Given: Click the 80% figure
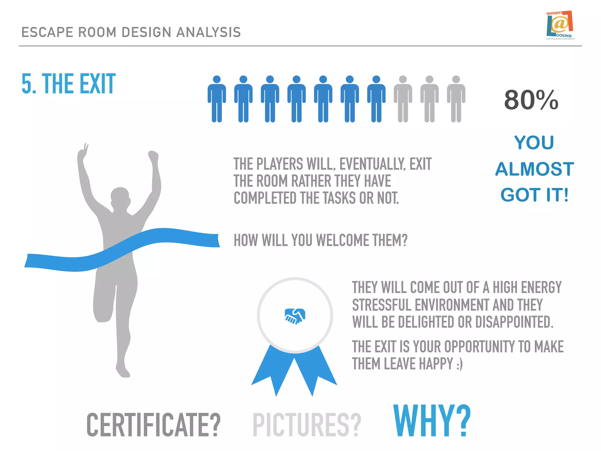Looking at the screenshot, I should point(531,100).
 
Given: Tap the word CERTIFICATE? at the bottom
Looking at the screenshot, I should point(153,425).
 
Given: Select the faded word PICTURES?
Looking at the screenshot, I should point(307,425).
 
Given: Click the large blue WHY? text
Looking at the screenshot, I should point(432,421).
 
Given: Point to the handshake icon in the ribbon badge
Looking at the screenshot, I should point(295,316).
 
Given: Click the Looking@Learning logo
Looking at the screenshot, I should point(560,26).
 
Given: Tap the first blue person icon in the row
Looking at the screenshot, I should point(217,99).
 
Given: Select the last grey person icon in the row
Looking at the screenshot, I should point(456,99).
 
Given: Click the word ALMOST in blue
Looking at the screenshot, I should point(534,169).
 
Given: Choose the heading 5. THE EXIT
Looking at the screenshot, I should point(69,84).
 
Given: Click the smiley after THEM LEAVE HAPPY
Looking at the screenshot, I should point(460,364).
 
